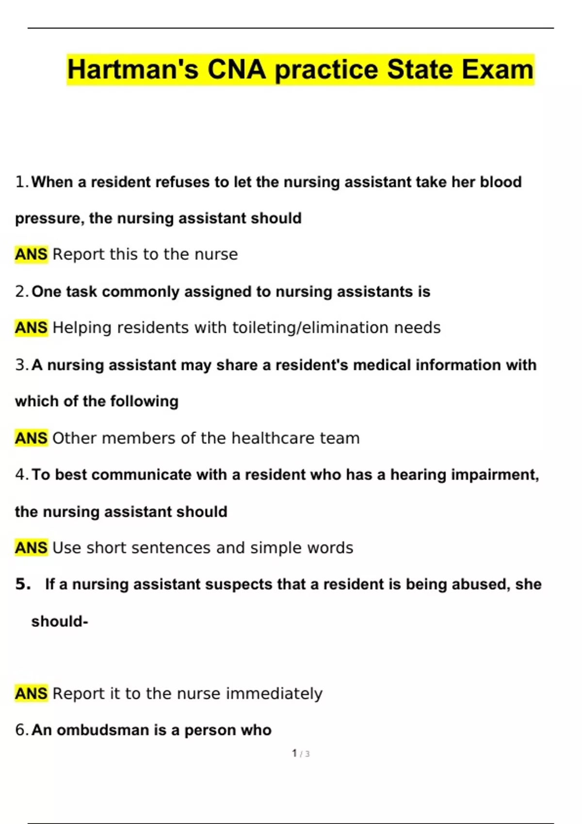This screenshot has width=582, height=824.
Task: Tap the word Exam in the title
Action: (x=497, y=69)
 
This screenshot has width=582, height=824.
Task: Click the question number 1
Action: (x=22, y=182)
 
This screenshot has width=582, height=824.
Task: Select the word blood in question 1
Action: (x=501, y=182)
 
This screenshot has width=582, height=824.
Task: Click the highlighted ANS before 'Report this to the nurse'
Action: (x=31, y=254)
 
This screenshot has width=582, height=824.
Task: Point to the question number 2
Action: (x=22, y=292)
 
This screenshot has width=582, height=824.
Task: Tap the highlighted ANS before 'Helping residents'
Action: (x=31, y=328)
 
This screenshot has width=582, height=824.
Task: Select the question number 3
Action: (x=22, y=365)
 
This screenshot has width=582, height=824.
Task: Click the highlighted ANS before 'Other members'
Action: (x=31, y=438)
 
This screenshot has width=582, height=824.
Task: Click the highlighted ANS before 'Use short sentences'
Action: (x=31, y=548)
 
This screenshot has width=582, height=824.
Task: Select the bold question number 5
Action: (x=22, y=584)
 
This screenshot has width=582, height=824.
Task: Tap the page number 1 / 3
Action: (x=301, y=754)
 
